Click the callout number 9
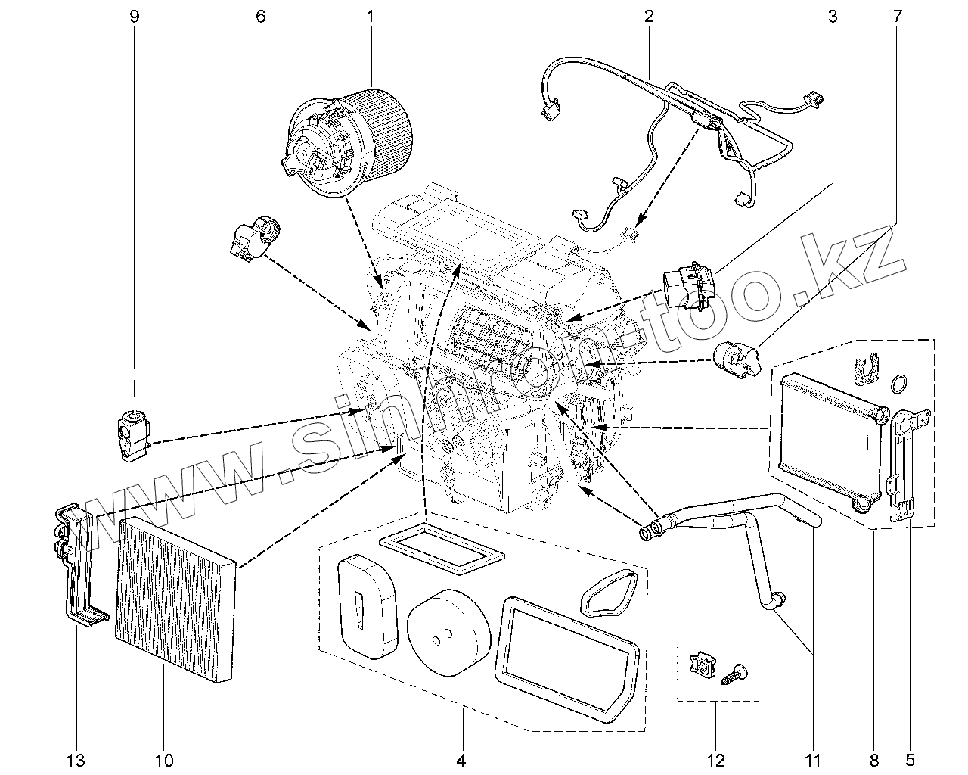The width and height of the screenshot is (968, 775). [135, 16]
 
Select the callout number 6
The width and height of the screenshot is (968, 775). [261, 16]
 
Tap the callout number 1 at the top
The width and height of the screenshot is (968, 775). [371, 16]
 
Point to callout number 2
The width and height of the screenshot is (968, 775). [649, 16]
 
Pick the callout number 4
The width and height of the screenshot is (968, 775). [461, 759]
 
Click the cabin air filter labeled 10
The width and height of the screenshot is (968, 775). [175, 598]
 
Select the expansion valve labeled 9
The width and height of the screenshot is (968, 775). [133, 433]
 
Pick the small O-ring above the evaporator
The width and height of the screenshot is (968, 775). [898, 384]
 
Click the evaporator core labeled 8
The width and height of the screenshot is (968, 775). [828, 439]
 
